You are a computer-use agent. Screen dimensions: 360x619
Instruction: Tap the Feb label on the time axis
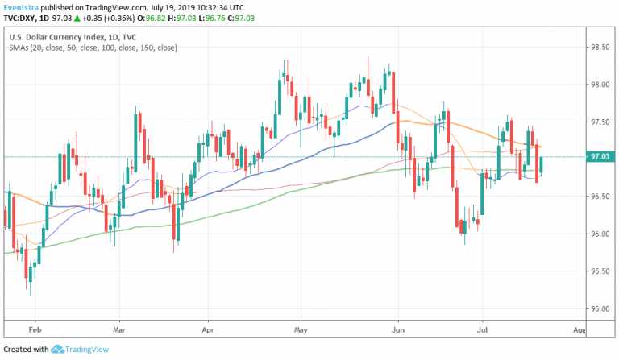point(35,330)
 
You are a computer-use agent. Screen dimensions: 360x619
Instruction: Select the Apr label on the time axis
point(208,330)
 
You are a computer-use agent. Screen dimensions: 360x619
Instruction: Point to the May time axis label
point(301,330)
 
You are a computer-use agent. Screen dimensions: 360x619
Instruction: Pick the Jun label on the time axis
point(397,330)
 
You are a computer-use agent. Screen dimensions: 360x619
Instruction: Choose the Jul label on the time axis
point(483,330)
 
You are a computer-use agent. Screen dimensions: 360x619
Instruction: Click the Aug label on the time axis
point(578,330)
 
